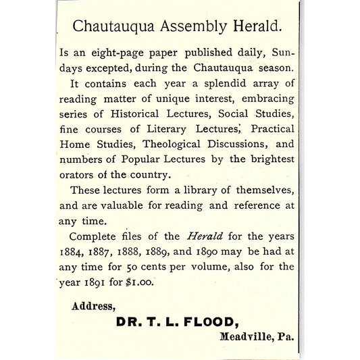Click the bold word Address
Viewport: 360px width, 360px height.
[x=93, y=307]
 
